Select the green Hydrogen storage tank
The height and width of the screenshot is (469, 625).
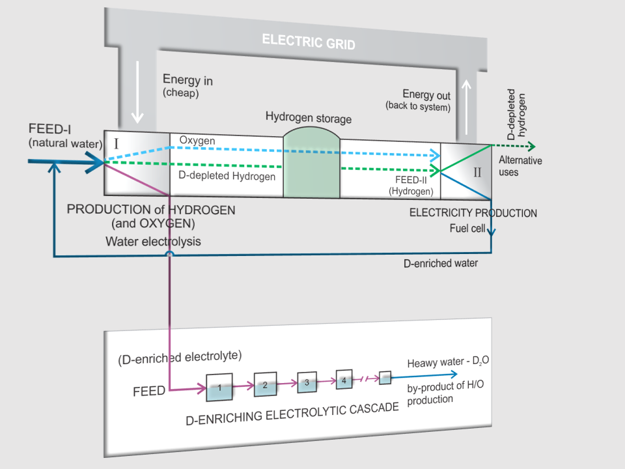point(312,163)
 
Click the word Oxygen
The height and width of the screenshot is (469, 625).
point(197,141)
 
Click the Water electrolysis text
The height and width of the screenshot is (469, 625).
point(154,242)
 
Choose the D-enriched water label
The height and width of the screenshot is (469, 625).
point(440,263)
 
